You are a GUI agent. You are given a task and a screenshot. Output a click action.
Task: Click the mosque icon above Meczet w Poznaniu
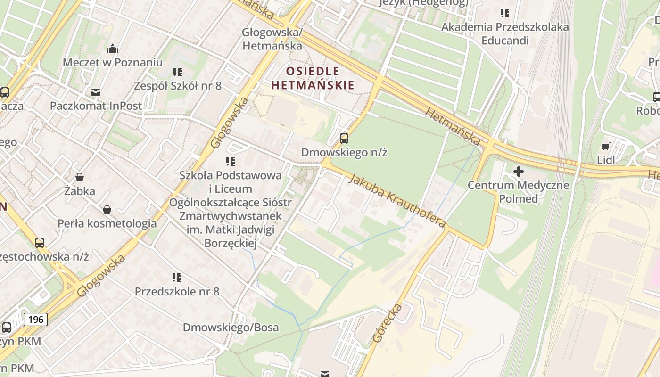(112, 49)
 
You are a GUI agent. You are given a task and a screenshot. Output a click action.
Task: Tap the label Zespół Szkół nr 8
(178, 86)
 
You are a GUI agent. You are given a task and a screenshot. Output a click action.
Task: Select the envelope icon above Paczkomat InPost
(96, 92)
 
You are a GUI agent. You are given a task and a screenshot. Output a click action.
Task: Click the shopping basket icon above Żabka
(80, 177)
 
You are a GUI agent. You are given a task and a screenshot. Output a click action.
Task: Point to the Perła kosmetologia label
(107, 223)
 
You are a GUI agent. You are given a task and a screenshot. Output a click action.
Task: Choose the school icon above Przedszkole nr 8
(177, 278)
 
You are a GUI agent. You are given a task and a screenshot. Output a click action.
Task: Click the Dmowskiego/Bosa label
(231, 327)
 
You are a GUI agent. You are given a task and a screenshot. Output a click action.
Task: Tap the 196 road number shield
(35, 320)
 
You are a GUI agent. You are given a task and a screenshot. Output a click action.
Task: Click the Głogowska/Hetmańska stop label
(272, 39)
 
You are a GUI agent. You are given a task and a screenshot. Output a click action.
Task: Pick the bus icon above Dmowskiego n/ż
(344, 139)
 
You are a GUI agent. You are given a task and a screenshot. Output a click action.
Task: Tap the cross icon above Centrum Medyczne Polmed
(519, 172)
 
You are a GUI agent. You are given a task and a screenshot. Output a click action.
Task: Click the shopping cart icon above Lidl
(606, 147)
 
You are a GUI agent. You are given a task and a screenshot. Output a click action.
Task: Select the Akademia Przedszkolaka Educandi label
(505, 33)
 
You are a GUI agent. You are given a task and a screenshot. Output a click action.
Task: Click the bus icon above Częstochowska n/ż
(40, 243)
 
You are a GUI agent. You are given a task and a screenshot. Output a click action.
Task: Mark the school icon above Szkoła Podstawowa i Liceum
(231, 162)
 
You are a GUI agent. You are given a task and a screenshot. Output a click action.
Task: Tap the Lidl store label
(606, 160)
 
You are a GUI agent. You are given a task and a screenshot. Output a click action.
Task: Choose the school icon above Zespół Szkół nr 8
(178, 72)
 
